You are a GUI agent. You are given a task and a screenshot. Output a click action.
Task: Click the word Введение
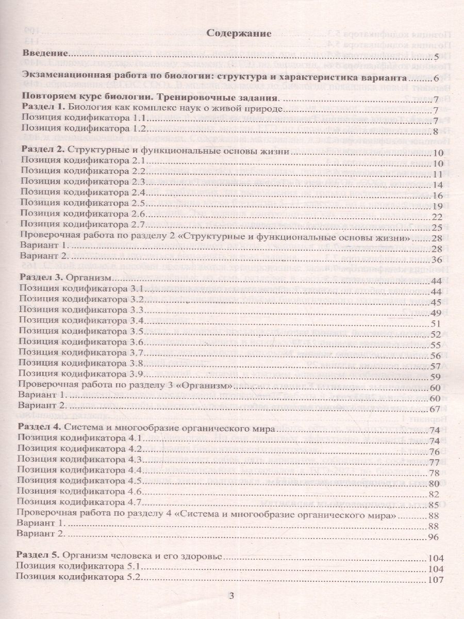click(x=46, y=54)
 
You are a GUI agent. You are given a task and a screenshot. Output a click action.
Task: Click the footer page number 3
click(x=231, y=597)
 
